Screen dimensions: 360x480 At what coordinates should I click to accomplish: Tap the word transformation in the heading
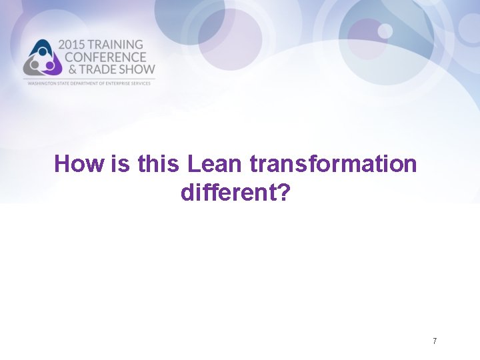[333, 164]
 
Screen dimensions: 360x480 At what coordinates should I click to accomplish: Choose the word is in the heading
[120, 164]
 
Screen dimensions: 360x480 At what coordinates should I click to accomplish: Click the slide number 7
[435, 341]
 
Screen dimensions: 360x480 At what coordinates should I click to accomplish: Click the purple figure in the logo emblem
[51, 66]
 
